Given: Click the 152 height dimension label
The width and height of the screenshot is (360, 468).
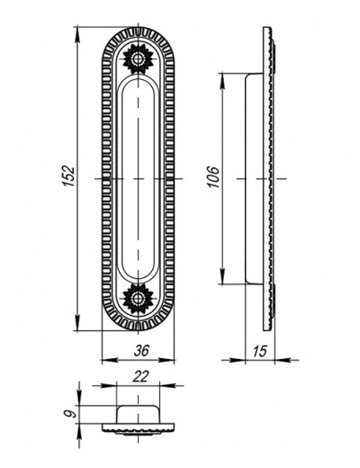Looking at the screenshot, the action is click(69, 175).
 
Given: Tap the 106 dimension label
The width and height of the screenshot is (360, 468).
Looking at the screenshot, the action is click(214, 176).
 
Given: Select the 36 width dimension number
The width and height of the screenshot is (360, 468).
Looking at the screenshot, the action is click(141, 350).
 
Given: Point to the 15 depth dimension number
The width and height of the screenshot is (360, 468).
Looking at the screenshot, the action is click(259, 351).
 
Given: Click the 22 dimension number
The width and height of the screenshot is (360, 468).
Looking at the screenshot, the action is click(140, 376).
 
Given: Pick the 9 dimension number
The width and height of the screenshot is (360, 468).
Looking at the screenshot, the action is click(70, 414).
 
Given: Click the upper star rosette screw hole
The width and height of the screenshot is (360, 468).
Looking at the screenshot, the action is click(138, 58).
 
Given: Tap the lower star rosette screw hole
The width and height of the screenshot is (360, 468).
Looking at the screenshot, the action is click(138, 299).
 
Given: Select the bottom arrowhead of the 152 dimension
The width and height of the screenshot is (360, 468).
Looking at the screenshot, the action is click(77, 323).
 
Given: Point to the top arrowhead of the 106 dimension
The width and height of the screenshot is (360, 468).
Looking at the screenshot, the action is click(222, 81).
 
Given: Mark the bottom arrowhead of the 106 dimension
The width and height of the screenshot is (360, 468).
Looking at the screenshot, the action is click(222, 275).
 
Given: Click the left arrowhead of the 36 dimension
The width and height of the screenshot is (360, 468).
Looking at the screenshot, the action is click(110, 360).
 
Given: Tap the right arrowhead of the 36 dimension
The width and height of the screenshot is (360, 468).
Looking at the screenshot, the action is click(166, 360).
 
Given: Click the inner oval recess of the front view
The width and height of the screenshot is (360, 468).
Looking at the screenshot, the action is click(138, 179).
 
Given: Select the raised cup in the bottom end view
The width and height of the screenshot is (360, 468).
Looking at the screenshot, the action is click(138, 414).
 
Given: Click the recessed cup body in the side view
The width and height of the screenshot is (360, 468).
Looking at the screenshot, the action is click(255, 178).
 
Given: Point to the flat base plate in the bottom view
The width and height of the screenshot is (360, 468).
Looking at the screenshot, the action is click(138, 427).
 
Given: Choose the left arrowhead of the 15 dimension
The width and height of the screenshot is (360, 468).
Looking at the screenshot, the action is click(237, 360).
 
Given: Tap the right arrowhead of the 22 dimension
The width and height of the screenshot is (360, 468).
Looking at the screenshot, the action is click(168, 385).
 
